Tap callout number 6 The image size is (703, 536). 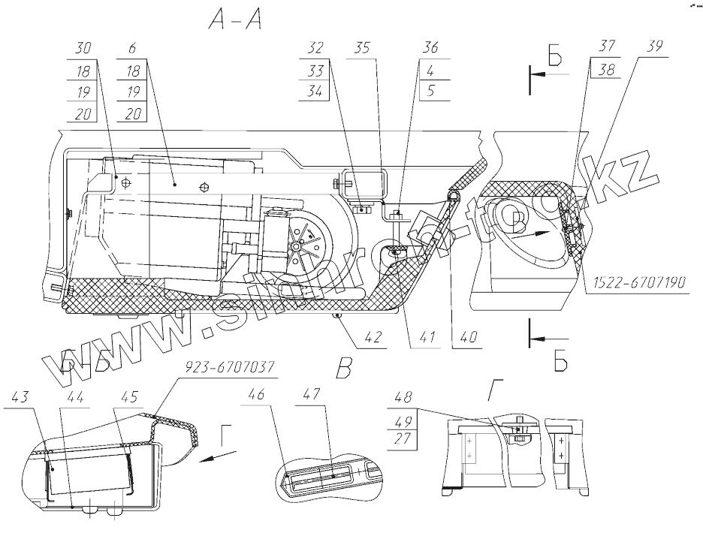point(132,48)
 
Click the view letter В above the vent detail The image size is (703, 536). point(344,369)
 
